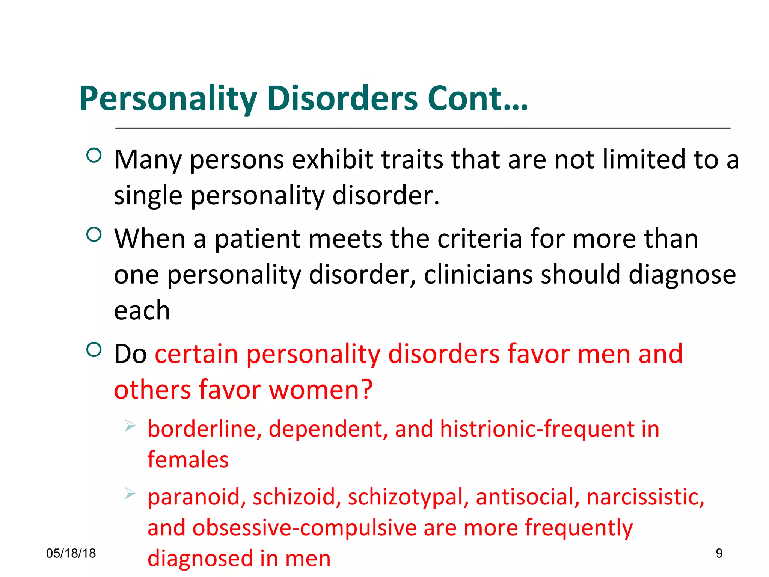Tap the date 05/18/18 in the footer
tap(71, 553)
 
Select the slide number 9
tap(719, 553)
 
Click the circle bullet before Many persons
tap(94, 155)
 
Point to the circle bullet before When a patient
tap(94, 234)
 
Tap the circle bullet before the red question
tap(94, 350)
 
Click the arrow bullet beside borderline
tap(130, 426)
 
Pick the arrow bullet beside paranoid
tap(130, 493)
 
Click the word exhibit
tap(332, 160)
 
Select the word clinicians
tap(478, 275)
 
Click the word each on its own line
tap(142, 311)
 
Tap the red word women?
tap(321, 390)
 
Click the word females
tap(188, 460)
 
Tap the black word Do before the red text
tap(130, 354)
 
